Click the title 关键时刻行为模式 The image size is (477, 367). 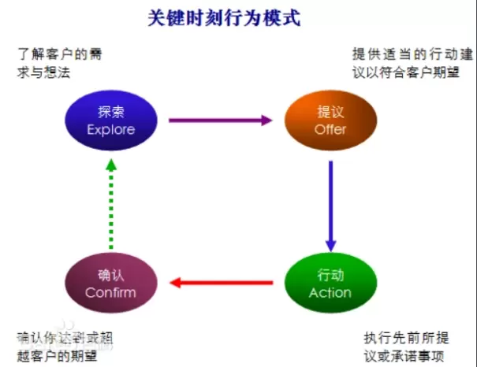(225, 17)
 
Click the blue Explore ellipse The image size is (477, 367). (111, 120)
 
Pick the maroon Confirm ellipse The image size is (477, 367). (111, 284)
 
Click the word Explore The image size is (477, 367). (111, 130)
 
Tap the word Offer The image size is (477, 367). (330, 130)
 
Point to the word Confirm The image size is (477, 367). (111, 293)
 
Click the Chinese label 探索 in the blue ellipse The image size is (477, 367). (111, 111)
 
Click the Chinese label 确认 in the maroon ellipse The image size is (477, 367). (111, 275)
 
